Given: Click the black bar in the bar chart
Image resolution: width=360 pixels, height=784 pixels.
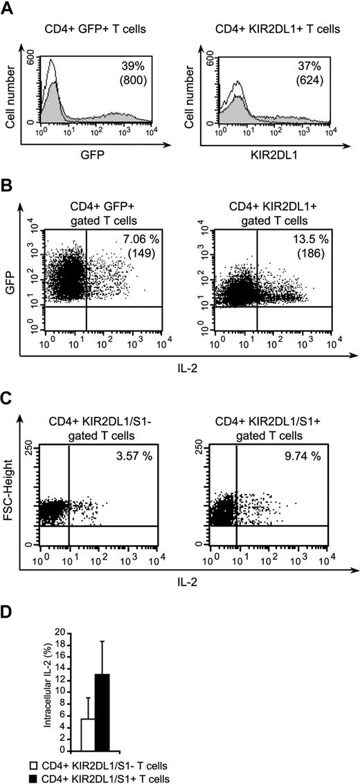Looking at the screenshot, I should coord(102,712).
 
